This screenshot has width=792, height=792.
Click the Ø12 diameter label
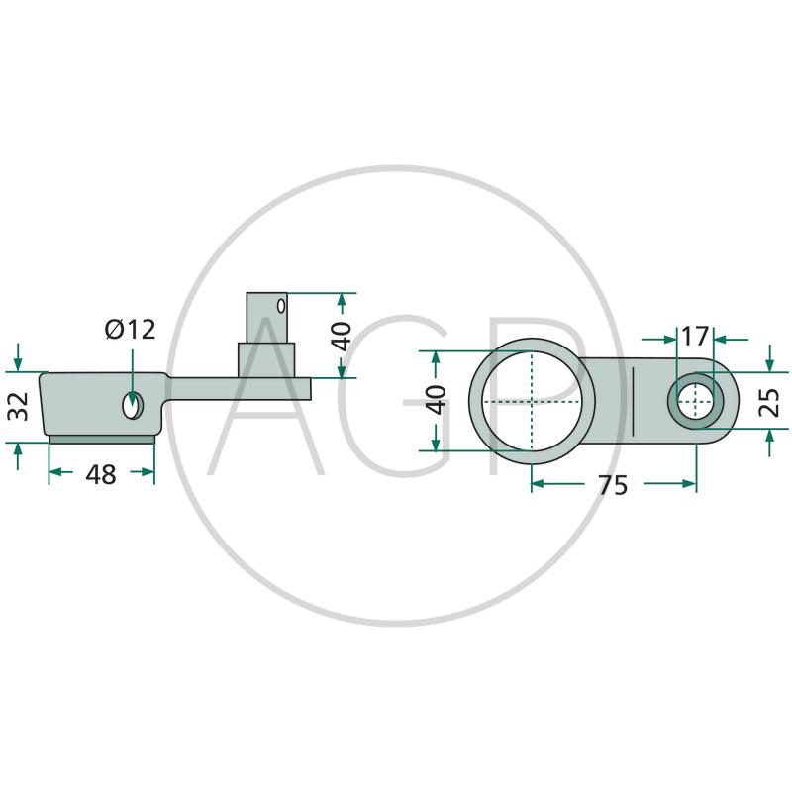tap(130, 330)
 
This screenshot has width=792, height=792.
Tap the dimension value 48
tap(101, 475)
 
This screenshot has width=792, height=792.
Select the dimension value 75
tap(614, 485)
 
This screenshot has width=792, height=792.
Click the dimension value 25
tap(769, 401)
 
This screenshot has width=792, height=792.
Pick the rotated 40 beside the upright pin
tap(341, 335)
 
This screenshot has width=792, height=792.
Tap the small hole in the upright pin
tap(282, 305)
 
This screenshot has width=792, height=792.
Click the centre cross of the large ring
tap(532, 403)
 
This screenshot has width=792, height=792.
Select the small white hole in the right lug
tap(697, 401)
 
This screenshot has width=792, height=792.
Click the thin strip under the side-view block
tap(102, 438)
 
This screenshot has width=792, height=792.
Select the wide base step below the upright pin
tap(267, 357)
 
